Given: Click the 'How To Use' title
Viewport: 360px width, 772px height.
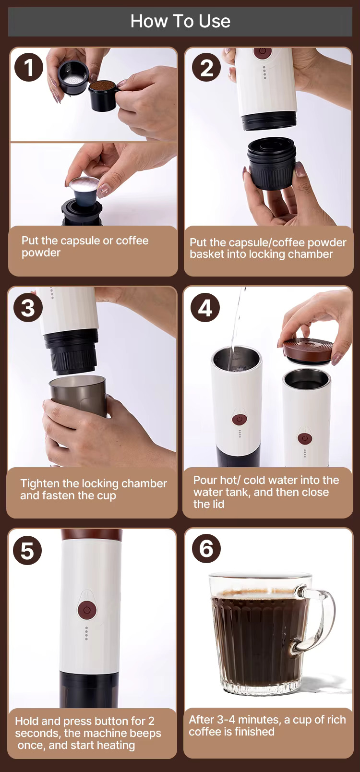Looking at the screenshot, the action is (180, 22).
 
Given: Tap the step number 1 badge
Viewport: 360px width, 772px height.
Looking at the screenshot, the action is (29, 67).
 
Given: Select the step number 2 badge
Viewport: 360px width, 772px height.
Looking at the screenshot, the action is (206, 67).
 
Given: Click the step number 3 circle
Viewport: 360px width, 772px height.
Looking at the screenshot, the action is (28, 307).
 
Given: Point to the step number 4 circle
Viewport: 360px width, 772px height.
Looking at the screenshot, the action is (205, 307).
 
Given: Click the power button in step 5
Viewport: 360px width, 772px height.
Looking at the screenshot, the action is (87, 610).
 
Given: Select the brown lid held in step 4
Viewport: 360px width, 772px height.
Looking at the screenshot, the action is (308, 350).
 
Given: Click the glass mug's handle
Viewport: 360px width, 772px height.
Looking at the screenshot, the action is (319, 617).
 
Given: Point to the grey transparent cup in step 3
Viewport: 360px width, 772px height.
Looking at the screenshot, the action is (78, 397).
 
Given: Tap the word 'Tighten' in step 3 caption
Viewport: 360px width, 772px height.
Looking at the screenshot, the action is (40, 483).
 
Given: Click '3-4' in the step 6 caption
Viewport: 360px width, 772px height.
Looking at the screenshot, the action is (226, 720).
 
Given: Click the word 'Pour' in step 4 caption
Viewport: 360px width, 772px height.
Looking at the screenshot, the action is (205, 480).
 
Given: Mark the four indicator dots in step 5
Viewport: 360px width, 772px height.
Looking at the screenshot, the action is (86, 633).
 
